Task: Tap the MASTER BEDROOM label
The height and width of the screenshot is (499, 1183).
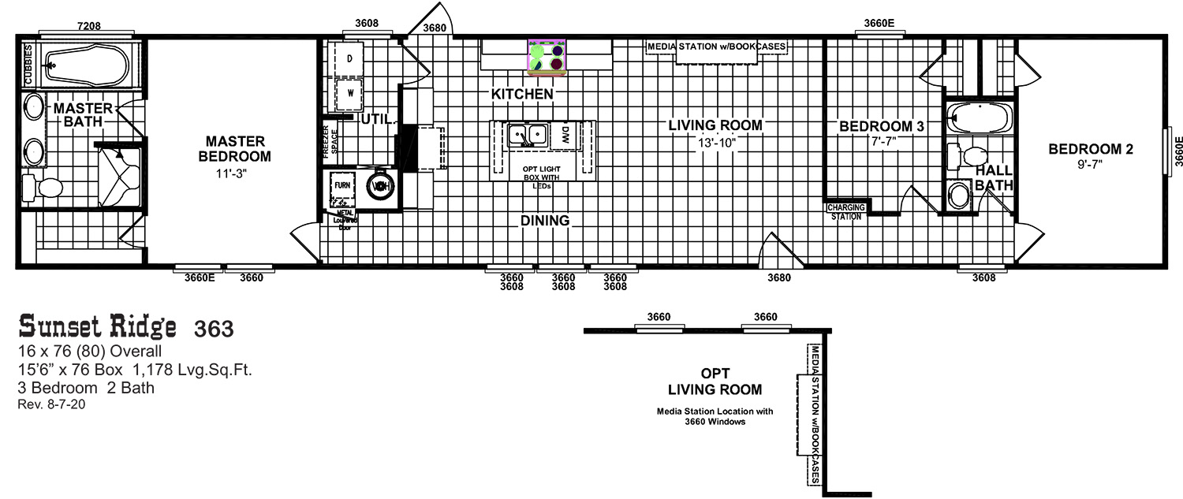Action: (235, 148)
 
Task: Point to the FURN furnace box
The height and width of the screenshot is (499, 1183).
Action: (342, 185)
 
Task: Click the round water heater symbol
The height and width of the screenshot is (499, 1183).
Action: (381, 187)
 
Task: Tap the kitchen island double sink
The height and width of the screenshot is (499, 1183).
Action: (528, 136)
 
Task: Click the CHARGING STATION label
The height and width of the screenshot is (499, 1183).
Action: (845, 211)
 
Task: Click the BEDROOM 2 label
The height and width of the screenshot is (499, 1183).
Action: (1090, 148)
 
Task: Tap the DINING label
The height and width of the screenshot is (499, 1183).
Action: (544, 221)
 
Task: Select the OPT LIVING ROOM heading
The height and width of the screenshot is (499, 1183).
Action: (715, 381)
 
